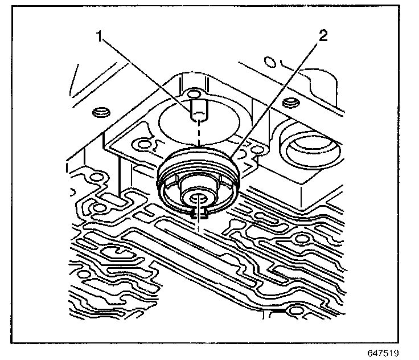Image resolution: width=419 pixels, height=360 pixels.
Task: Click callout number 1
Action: [x=100, y=37]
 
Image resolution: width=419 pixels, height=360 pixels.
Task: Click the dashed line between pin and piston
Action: [x=198, y=137]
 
